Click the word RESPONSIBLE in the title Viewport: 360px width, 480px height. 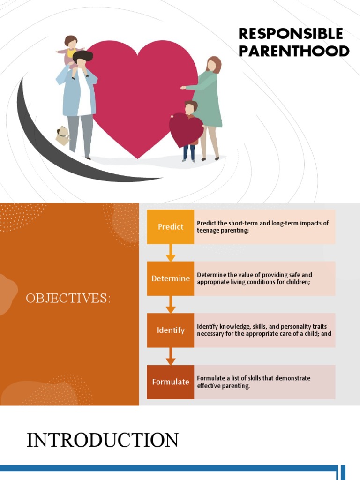point(291,34)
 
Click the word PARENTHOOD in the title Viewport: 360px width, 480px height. point(294,51)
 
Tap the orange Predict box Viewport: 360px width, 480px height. point(171,227)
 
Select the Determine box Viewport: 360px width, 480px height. point(171,278)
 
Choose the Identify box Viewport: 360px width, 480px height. point(171,330)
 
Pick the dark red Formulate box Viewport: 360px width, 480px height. point(171,382)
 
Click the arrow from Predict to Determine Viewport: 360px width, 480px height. point(171,253)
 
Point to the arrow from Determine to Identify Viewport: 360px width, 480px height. point(171,304)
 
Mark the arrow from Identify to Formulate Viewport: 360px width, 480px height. point(171,356)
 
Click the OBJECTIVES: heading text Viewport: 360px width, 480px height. point(68,299)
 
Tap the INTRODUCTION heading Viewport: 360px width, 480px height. point(103,441)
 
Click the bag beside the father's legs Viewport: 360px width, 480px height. point(62,136)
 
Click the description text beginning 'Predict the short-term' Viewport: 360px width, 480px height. point(263,227)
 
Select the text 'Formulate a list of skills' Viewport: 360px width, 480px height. point(254,382)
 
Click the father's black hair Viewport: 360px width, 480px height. point(83,57)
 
